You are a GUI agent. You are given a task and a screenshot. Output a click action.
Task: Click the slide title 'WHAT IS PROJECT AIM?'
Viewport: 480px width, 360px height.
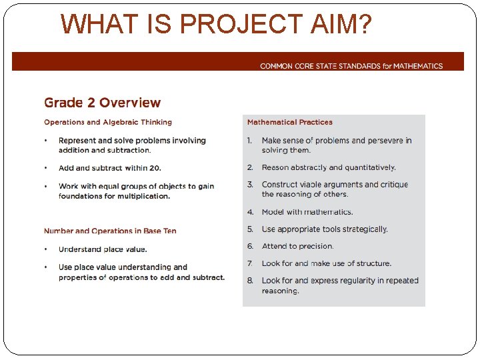pyautogui.click(x=216, y=24)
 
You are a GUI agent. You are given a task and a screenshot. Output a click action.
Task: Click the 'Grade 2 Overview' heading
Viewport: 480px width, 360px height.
pyautogui.click(x=102, y=103)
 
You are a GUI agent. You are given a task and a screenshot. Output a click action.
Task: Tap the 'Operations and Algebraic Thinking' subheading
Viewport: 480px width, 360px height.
pyautogui.click(x=108, y=122)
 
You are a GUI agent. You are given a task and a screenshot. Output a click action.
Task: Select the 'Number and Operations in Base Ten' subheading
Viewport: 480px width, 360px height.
pyautogui.click(x=111, y=231)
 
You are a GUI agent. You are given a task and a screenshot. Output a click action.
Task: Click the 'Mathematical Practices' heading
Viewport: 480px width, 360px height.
pyautogui.click(x=289, y=122)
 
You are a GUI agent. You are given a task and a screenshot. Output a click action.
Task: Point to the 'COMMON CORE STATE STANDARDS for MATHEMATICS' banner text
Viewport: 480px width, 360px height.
pyautogui.click(x=351, y=66)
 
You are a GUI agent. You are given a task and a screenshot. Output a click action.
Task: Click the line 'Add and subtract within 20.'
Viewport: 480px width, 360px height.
pyautogui.click(x=110, y=168)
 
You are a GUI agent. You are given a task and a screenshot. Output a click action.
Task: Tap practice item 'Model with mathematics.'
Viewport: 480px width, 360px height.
pyautogui.click(x=307, y=212)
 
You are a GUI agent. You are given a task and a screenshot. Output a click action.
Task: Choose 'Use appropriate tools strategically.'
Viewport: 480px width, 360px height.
pyautogui.click(x=325, y=229)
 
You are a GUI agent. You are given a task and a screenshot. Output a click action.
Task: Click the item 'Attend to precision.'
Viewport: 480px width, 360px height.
pyautogui.click(x=297, y=246)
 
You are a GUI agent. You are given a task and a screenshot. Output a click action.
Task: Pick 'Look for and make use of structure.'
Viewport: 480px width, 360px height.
pyautogui.click(x=327, y=263)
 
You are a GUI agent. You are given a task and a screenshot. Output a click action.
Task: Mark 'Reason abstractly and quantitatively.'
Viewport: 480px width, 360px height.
pyautogui.click(x=329, y=167)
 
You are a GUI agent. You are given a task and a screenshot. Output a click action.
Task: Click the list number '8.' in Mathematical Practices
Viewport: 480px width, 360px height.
pyautogui.click(x=250, y=281)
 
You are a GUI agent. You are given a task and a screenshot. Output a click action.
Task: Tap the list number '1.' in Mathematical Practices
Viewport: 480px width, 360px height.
pyautogui.click(x=250, y=141)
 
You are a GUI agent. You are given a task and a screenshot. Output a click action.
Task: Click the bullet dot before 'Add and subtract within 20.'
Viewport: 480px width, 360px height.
pyautogui.click(x=45, y=168)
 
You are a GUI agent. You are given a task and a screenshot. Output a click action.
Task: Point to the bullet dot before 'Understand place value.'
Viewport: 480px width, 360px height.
pyautogui.click(x=45, y=249)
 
